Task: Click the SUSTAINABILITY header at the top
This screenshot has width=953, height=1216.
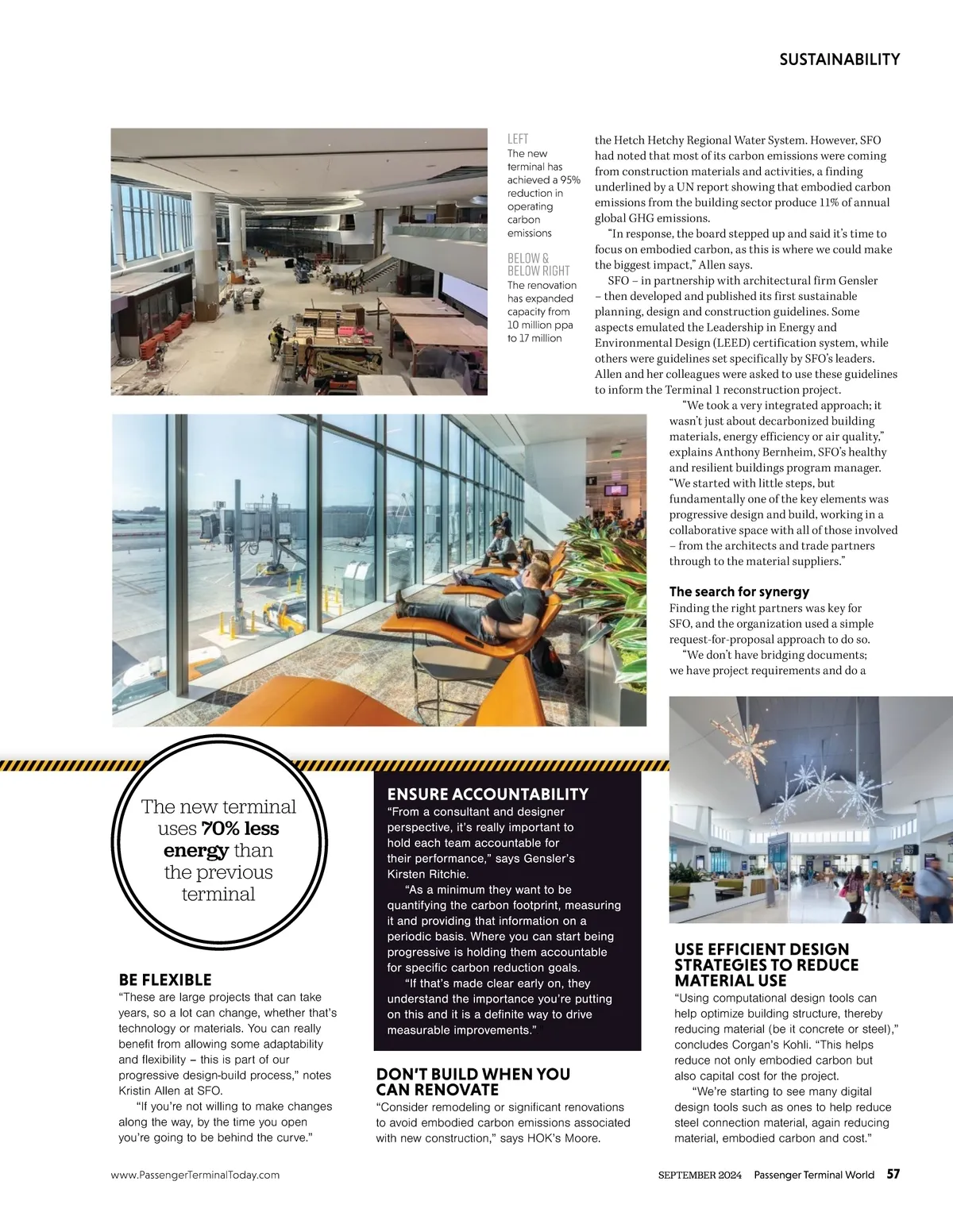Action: click(839, 60)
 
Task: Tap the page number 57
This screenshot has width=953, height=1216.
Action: click(893, 1175)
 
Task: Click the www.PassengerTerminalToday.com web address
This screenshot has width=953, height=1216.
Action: click(195, 1175)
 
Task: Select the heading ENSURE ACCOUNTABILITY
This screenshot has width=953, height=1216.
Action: click(488, 795)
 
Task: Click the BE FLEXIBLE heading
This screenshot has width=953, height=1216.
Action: click(165, 980)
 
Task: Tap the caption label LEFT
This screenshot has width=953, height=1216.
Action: click(518, 139)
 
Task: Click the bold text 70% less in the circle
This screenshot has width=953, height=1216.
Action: click(240, 829)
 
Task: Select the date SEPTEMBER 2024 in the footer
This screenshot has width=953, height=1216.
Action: click(700, 1175)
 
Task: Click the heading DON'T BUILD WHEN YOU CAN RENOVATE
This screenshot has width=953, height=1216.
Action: click(473, 1082)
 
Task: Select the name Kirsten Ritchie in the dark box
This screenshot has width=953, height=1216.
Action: click(428, 874)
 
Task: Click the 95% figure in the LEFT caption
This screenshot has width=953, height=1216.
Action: click(569, 180)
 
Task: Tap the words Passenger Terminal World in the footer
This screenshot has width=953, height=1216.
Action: click(814, 1175)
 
